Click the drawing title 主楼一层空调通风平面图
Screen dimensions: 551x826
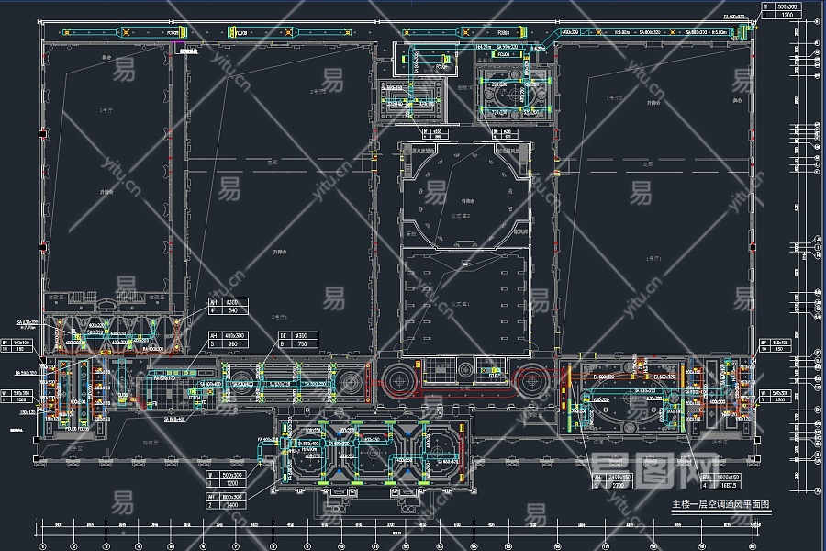point(721,505)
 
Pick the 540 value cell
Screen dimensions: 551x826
point(231,310)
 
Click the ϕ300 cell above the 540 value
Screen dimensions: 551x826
point(231,301)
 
